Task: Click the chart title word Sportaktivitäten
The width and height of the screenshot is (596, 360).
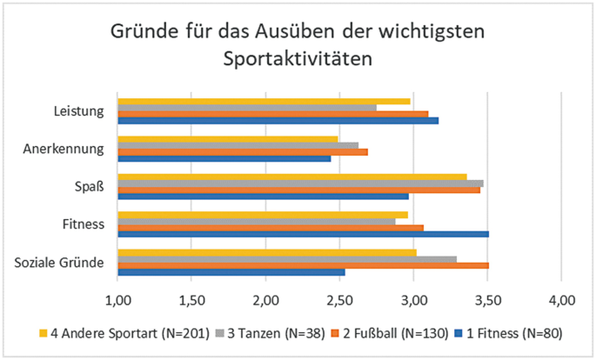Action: point(298,60)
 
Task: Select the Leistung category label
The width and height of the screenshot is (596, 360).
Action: point(79,111)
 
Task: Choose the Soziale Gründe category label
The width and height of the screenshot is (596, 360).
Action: point(62,263)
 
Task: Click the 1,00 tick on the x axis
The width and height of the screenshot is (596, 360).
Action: point(117,301)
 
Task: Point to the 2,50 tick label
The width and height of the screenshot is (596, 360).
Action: point(339,301)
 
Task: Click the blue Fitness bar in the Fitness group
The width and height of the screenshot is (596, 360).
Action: point(303,234)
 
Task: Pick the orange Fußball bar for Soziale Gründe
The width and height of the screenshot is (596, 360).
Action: point(303,265)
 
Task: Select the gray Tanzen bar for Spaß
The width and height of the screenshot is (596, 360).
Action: point(300,183)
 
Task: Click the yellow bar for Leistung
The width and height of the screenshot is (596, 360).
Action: point(264,101)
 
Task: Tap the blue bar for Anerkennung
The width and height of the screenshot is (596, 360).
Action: point(224,158)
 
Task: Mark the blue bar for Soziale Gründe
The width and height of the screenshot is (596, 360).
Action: point(231,272)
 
